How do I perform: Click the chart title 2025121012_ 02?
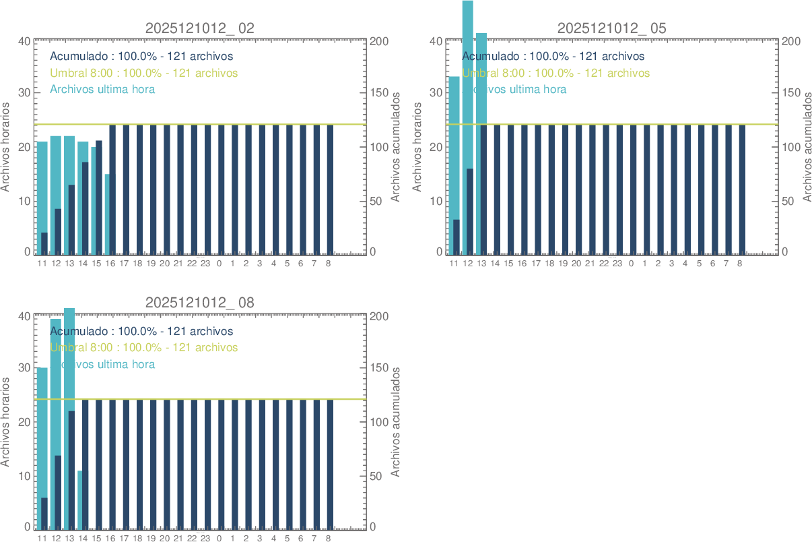pyautogui.click(x=200, y=28)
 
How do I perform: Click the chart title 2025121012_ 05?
pyautogui.click(x=612, y=28)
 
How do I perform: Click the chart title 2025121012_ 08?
pyautogui.click(x=200, y=303)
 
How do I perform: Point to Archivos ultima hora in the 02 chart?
pyautogui.click(x=102, y=89)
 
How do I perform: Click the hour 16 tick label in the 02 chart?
pyautogui.click(x=110, y=264)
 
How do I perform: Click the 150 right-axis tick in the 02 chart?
pyautogui.click(x=380, y=93)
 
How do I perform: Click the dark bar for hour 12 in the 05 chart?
pyautogui.click(x=470, y=212)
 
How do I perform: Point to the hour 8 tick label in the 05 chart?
pyautogui.click(x=739, y=264)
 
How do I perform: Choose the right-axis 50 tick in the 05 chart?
pyautogui.click(x=790, y=201)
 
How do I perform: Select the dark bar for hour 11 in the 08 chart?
pyautogui.click(x=44, y=512)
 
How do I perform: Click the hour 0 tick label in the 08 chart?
pyautogui.click(x=219, y=539)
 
